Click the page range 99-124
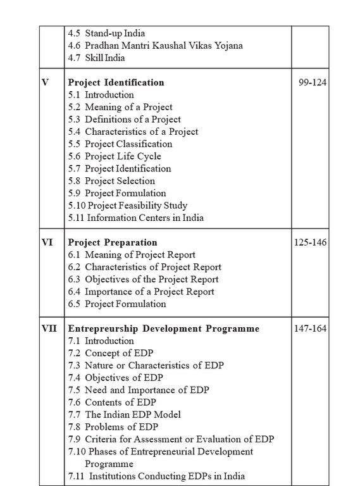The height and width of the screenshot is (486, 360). point(313,83)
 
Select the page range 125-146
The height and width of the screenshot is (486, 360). point(310,243)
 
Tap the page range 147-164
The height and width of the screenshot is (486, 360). point(310,329)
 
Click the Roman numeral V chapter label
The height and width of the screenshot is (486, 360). point(45,83)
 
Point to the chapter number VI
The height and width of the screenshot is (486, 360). point(47,243)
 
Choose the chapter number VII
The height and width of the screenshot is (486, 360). point(49,329)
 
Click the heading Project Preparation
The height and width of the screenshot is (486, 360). point(113,243)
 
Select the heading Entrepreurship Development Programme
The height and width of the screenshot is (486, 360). point(163,329)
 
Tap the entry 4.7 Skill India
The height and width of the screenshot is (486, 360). point(96,58)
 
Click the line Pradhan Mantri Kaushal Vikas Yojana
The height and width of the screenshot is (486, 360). point(155,46)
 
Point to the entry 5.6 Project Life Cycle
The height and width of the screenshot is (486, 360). point(115,156)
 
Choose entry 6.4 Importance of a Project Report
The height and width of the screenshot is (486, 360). point(141,292)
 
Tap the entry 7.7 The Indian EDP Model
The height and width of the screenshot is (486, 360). point(124,414)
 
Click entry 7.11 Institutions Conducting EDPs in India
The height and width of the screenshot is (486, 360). point(156,477)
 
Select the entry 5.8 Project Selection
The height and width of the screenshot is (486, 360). point(111,181)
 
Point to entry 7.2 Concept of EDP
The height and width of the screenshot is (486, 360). point(111,353)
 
